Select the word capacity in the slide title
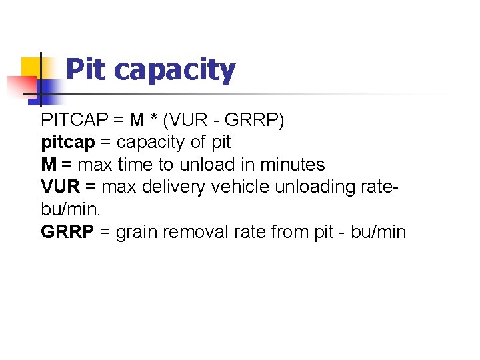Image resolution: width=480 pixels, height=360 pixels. click(x=175, y=71)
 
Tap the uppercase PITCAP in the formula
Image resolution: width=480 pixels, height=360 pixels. click(x=73, y=120)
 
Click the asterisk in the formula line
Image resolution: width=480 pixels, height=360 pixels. click(x=155, y=120)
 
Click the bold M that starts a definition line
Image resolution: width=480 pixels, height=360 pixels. click(x=49, y=164)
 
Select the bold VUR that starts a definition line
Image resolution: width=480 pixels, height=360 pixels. click(x=59, y=187)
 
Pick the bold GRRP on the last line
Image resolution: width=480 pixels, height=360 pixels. click(x=67, y=232)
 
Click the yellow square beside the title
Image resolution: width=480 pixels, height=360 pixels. click(x=33, y=67)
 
